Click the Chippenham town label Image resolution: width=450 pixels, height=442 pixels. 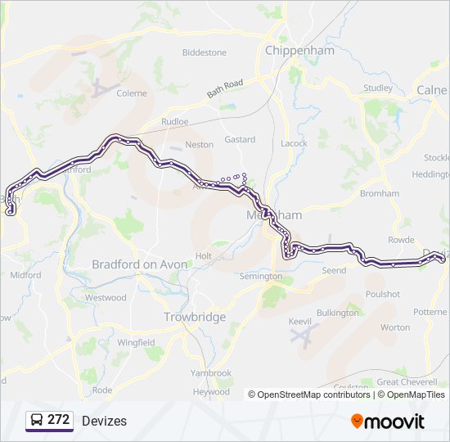pos(300,50)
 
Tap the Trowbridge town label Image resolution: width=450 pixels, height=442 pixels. pos(195,317)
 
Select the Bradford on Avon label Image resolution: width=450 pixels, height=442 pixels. pos(140,264)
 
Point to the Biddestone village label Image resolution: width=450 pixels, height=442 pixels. pos(204,52)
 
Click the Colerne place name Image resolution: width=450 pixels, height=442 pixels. pos(132,93)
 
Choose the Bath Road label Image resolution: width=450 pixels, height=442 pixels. pos(225,88)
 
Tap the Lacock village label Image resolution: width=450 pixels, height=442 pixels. pos(294,143)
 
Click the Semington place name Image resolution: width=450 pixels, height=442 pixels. pos(260,277)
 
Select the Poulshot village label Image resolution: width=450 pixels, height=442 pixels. pos(383,294)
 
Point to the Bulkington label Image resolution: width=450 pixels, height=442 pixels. pos(337,313)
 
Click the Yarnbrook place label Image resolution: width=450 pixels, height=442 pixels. pos(211,372)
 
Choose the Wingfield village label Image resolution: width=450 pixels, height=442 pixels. pos(136,342)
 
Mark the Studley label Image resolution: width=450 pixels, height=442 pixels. pos(377,88)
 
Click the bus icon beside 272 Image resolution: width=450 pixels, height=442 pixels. pos(37,421)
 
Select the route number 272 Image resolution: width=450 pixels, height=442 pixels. pos(58,420)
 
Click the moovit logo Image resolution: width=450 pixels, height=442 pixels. pos(388,422)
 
